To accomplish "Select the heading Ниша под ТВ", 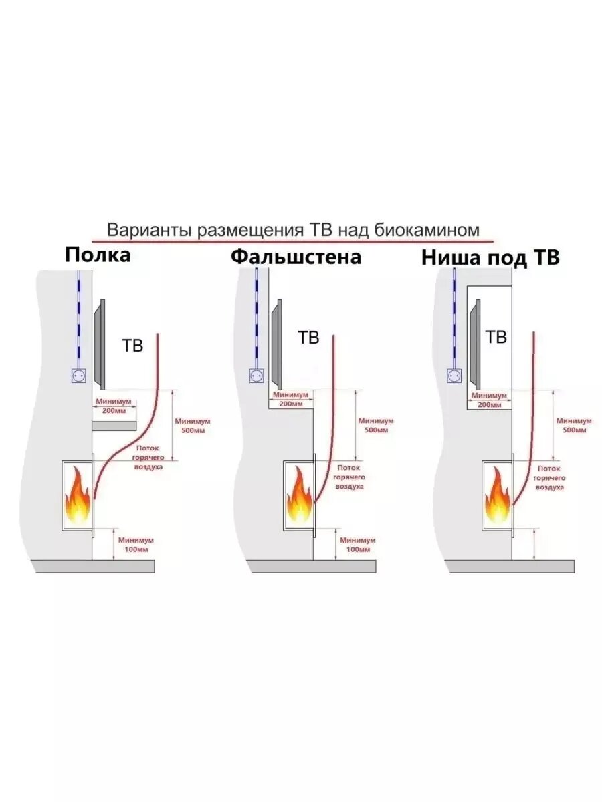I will click(x=490, y=259).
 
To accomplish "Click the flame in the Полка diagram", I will click(x=78, y=497).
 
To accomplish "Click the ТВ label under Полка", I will click(x=132, y=346).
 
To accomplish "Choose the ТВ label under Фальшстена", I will click(x=308, y=338).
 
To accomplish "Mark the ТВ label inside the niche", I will click(x=496, y=338).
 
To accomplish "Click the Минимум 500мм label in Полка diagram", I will click(x=193, y=426).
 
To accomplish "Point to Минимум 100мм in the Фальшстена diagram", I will click(x=358, y=544).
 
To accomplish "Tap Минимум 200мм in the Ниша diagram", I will click(x=487, y=400).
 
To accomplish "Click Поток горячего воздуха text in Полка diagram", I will click(x=149, y=458).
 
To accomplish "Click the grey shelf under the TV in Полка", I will click(x=115, y=426).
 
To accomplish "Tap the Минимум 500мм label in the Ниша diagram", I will click(x=574, y=426).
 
